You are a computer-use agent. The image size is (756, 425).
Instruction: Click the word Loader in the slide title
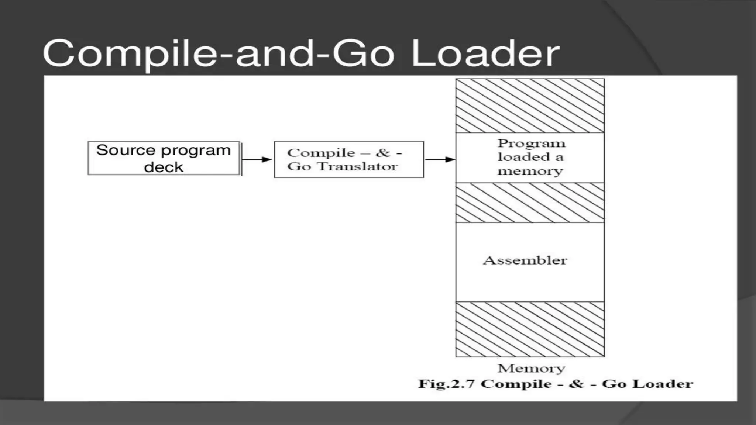485,54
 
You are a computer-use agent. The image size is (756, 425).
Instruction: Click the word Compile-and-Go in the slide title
219,54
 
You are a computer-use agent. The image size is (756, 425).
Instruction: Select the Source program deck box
164,158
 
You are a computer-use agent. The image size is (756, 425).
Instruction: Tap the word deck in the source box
164,167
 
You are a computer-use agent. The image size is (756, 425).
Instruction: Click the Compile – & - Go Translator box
349,159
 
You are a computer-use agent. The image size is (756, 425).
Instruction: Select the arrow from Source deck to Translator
257,159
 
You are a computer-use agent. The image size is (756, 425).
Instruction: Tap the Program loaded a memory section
530,158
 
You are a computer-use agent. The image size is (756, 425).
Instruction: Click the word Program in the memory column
531,144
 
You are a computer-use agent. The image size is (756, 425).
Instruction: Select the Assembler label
525,260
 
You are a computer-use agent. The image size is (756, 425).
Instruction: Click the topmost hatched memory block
530,106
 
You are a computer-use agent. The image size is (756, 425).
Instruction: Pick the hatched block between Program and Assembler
530,203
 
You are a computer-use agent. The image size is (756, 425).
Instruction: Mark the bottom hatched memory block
530,329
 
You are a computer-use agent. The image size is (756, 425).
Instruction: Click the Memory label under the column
531,368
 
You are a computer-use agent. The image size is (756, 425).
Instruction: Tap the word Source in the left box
126,151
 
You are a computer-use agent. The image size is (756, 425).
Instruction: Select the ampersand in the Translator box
382,153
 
